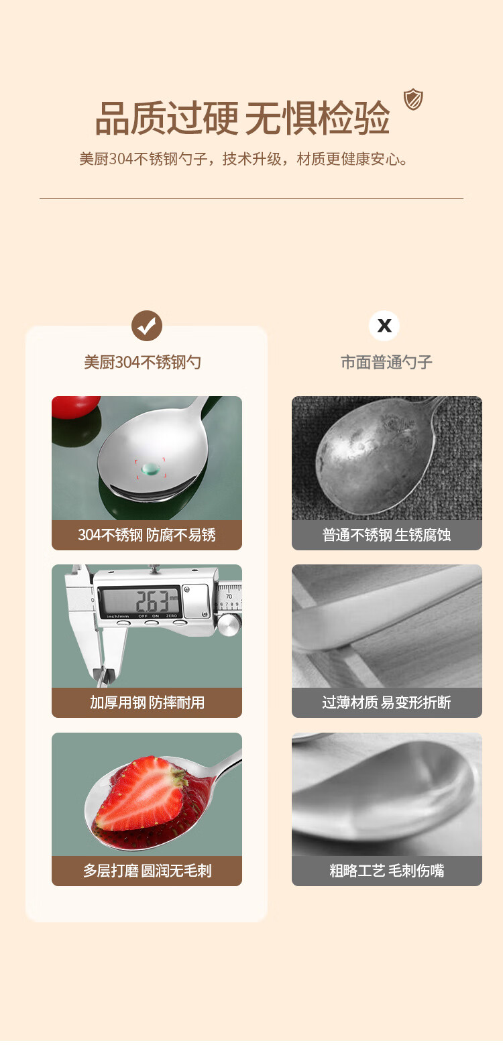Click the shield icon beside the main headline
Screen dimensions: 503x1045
point(413,99)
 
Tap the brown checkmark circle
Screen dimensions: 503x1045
point(146,326)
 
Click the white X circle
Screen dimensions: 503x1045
point(384,326)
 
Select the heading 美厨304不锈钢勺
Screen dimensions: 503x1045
point(142,362)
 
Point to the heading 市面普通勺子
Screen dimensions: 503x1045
point(386,362)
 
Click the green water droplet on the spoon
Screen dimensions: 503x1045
point(150,469)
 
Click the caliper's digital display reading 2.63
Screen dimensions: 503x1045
point(139,601)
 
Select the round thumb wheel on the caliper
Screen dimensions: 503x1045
point(229,625)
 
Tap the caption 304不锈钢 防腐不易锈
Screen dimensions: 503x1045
point(146,535)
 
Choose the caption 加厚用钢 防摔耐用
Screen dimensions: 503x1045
point(147,702)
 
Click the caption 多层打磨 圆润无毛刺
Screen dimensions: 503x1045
point(147,870)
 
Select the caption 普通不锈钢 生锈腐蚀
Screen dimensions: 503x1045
point(386,535)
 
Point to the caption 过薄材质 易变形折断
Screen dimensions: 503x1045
point(386,702)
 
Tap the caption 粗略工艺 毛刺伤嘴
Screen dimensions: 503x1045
point(386,870)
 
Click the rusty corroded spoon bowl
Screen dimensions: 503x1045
point(374,455)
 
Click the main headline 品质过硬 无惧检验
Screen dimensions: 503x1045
point(242,118)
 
